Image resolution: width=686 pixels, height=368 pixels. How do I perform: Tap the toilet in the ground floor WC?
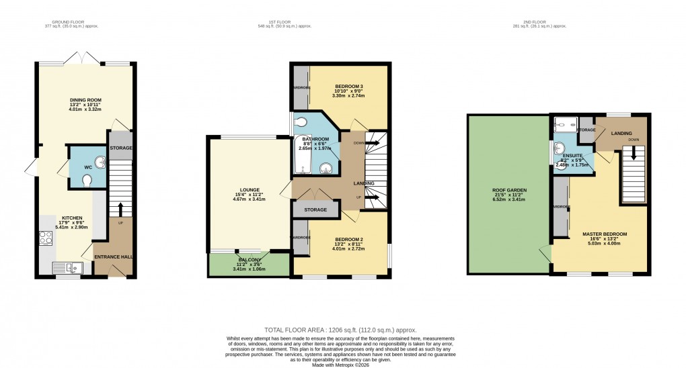[x=87, y=180]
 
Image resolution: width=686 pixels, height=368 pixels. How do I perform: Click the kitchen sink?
[x=70, y=268]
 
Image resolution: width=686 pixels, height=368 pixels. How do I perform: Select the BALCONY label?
[x=249, y=259]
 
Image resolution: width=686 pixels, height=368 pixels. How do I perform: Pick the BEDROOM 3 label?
[x=348, y=87]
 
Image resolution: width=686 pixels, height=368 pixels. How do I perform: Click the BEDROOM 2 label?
[x=348, y=238]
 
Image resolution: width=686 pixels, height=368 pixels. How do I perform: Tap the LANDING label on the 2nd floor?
[x=621, y=134]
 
